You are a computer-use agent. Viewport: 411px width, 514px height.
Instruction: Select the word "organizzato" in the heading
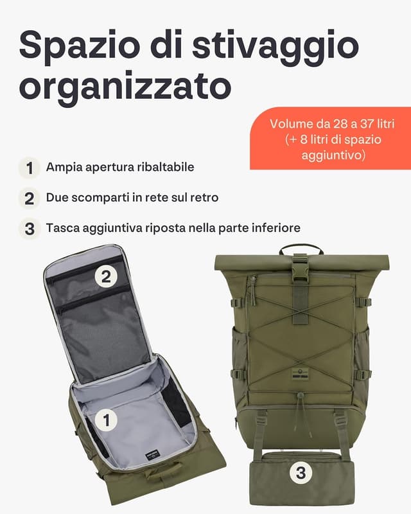125,85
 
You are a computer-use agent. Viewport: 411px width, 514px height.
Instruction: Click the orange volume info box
330,138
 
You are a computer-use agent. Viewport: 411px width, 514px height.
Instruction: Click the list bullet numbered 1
29,168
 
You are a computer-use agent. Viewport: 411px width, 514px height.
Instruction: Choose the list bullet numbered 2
29,198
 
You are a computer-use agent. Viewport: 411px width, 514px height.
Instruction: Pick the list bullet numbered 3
29,228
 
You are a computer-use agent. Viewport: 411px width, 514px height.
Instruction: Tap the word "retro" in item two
204,198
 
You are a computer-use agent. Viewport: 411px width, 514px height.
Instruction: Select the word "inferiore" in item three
275,228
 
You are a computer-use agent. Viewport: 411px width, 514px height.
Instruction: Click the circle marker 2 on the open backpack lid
107,276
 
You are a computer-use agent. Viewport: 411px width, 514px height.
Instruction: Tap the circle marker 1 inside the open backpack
107,420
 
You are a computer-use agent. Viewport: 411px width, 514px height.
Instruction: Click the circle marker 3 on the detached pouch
300,474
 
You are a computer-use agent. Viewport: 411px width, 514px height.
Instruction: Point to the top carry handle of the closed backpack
301,247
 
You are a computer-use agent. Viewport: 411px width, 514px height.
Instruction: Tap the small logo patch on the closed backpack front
301,373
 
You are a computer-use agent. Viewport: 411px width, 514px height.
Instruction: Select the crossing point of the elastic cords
301,338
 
